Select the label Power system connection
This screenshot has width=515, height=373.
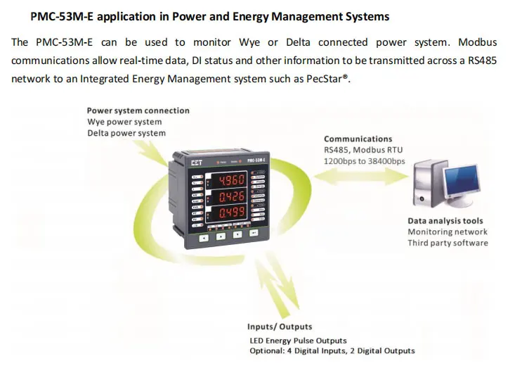point(138,110)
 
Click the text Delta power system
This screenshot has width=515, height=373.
point(126,133)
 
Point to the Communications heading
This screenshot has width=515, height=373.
point(358,139)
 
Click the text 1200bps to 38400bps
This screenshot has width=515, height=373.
point(364,161)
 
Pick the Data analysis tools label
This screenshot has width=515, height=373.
point(445,221)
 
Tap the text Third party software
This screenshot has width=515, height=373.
point(448,244)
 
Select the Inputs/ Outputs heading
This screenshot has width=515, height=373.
point(280,327)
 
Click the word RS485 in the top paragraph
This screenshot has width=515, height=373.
point(483,61)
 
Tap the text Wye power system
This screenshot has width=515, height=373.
point(124,122)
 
